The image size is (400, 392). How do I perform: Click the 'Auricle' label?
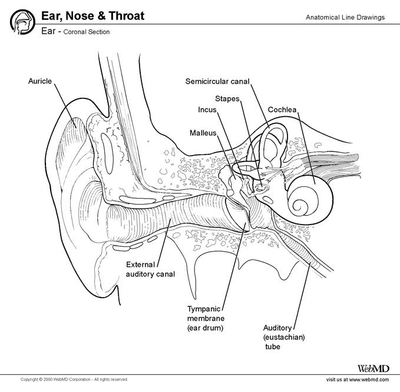(41, 80)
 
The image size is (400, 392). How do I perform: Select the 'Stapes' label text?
(227, 98)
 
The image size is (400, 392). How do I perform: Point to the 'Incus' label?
(207, 110)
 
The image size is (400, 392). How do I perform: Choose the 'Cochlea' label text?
(282, 110)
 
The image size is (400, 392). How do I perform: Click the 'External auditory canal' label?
(150, 269)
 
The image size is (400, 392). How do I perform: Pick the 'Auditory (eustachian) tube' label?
(279, 336)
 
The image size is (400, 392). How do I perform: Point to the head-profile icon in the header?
(21, 21)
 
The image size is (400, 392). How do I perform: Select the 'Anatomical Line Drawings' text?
(345, 17)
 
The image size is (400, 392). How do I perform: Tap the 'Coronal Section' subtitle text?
(87, 32)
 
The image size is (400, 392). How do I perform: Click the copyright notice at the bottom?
(74, 379)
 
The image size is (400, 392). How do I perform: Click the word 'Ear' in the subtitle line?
(49, 31)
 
